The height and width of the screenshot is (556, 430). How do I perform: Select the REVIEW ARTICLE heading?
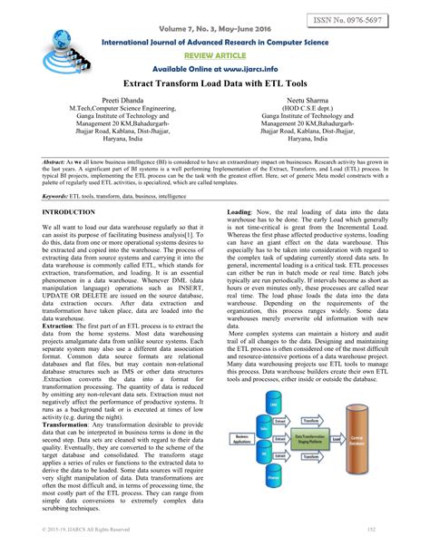click(215, 54)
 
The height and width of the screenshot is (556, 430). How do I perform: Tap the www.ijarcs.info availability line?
click(215, 69)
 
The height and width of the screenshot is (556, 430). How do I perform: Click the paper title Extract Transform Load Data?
click(215, 84)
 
